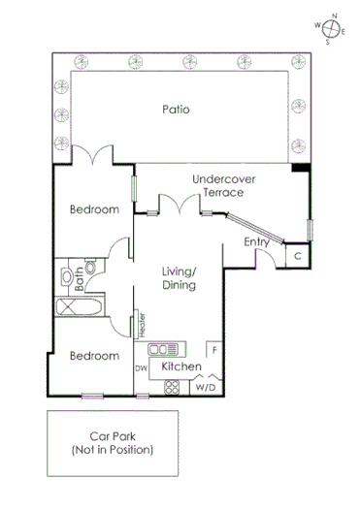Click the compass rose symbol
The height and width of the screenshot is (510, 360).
point(333,26)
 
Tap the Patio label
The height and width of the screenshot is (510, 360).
point(176,110)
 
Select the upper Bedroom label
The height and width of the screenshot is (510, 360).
point(94,209)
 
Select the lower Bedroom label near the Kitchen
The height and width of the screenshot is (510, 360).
point(94,356)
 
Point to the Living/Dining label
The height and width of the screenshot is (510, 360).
point(180,278)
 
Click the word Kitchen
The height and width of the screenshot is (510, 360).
point(180,367)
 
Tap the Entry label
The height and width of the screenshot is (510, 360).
point(256,241)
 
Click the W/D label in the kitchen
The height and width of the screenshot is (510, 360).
point(207,388)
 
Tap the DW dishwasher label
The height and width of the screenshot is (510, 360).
point(141,368)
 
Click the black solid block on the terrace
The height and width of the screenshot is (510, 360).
point(302,169)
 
